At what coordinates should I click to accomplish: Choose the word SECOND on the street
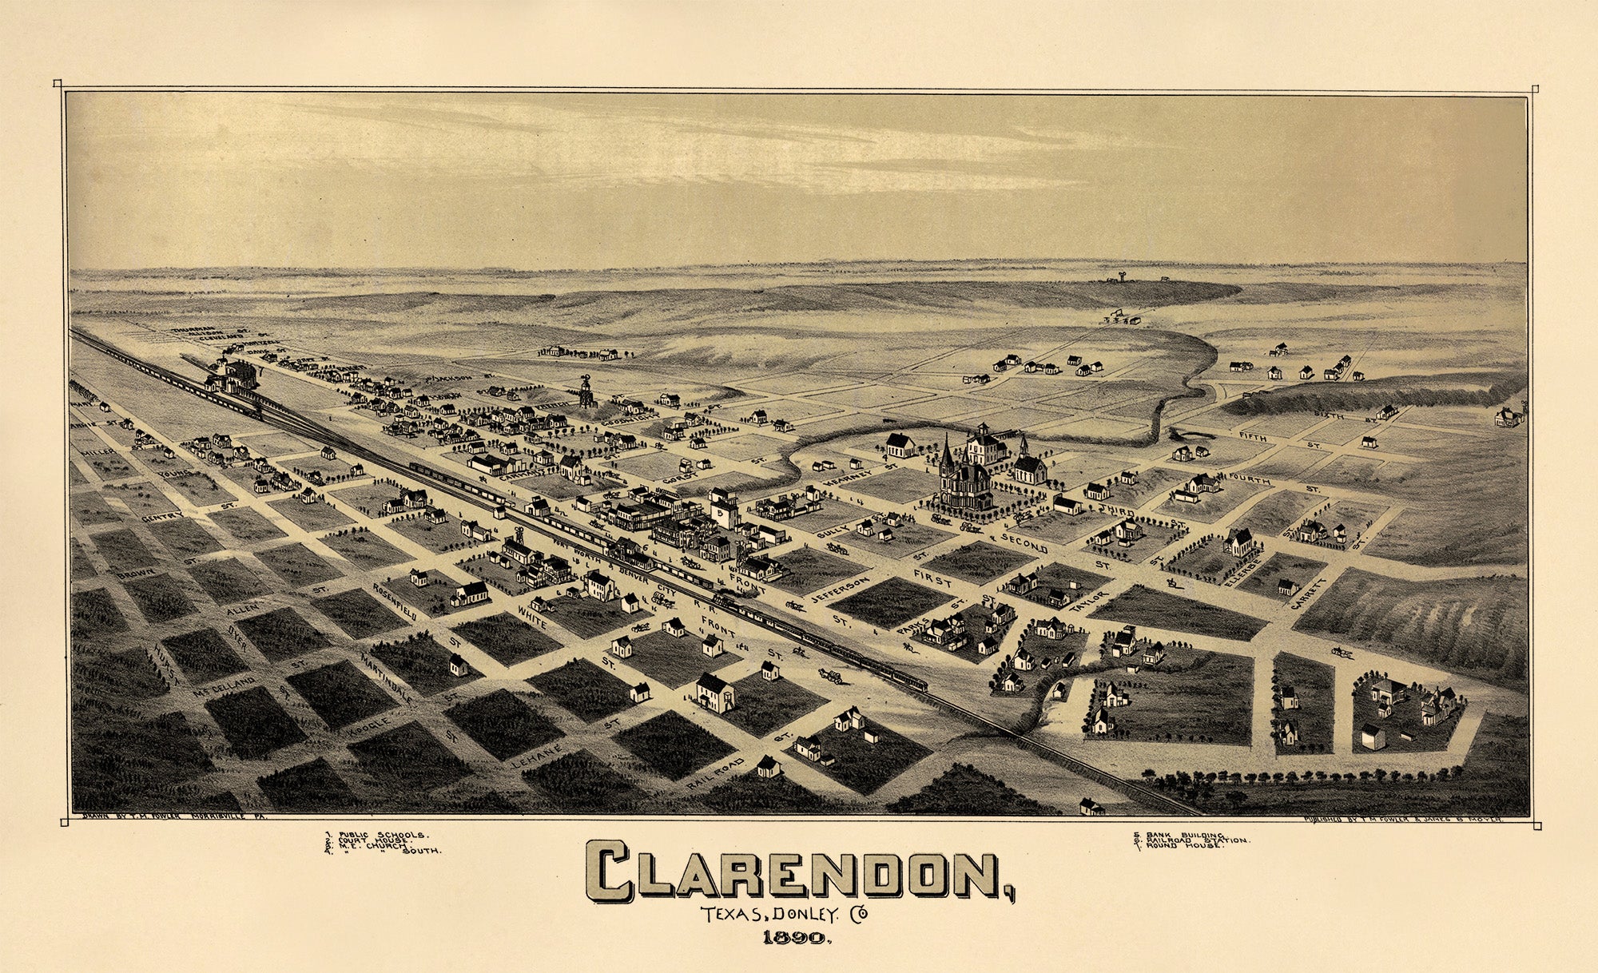(x=1023, y=544)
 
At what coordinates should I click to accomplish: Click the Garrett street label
(x=1308, y=593)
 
